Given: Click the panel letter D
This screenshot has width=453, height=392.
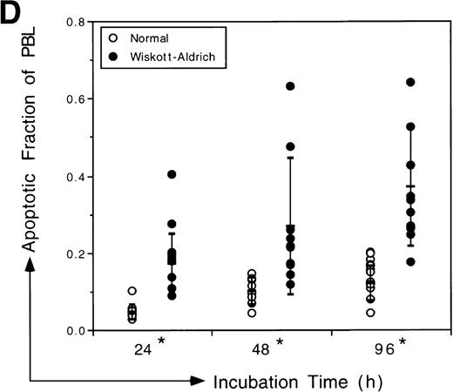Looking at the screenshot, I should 11,15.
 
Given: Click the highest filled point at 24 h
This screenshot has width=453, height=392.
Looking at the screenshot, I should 172,175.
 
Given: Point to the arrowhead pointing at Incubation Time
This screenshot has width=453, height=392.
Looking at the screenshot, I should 199,381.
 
